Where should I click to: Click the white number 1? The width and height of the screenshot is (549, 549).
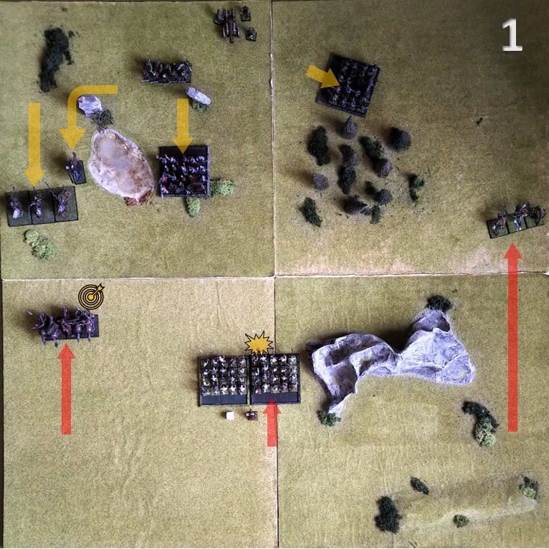click(512, 35)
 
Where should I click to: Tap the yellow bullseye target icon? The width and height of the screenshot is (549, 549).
click(91, 296)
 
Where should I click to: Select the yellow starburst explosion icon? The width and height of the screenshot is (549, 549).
click(259, 344)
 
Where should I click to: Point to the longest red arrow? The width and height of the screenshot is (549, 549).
click(512, 338)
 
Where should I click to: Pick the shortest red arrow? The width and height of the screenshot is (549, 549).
click(272, 422)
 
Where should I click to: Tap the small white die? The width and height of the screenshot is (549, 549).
click(230, 416)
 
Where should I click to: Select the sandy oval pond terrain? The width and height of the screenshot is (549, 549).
click(121, 165)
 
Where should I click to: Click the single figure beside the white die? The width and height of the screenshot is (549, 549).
click(252, 416)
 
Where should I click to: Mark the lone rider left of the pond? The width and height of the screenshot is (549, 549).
click(76, 170)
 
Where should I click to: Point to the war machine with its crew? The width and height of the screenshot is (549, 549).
click(236, 24)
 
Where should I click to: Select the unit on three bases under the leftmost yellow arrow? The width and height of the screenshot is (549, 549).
click(42, 206)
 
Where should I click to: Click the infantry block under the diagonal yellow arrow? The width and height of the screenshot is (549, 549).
click(348, 85)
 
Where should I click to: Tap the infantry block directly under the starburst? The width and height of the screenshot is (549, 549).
click(274, 379)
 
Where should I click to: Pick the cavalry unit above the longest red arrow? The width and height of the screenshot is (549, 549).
click(516, 219)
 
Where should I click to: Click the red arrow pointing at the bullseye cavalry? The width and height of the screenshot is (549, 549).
click(66, 389)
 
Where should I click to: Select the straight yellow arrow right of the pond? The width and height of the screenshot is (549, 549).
click(183, 125)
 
